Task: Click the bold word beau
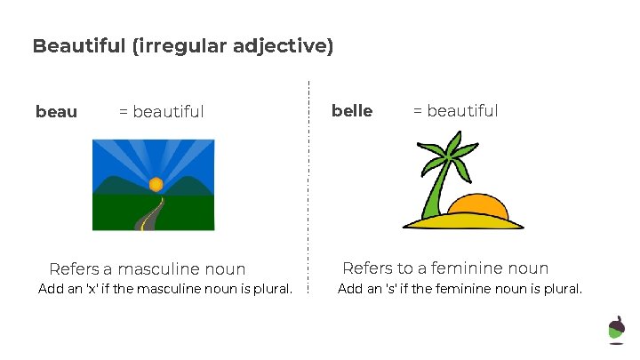[x=56, y=112]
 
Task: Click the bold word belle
[x=352, y=111]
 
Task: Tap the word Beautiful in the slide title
[x=78, y=46]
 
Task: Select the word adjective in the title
[x=288, y=46]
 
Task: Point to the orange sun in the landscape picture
[x=156, y=184]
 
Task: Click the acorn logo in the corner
[x=616, y=328]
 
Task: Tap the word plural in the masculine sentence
[x=270, y=289]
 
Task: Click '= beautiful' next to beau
[x=161, y=112]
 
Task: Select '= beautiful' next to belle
[x=455, y=111]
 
